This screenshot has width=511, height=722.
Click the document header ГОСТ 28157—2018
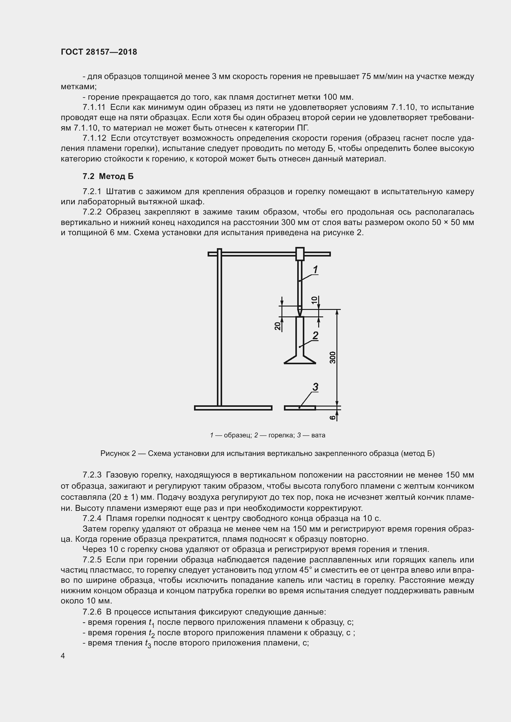(99, 52)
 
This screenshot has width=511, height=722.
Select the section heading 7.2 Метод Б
(108, 177)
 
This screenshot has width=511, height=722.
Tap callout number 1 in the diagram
(315, 269)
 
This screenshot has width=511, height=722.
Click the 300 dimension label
(333, 357)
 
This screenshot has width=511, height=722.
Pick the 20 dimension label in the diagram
(277, 326)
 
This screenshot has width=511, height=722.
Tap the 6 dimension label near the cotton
(333, 418)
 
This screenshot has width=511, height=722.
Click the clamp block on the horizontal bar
(300, 254)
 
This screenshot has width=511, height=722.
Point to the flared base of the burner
(300, 359)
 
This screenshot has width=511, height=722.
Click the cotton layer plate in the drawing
(300, 408)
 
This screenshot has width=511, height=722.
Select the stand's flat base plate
(233, 408)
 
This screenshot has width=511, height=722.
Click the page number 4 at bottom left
(63, 656)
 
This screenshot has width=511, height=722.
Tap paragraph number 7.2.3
(92, 474)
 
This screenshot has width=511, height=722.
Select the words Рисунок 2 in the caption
(118, 453)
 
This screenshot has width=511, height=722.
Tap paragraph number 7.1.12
(95, 138)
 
